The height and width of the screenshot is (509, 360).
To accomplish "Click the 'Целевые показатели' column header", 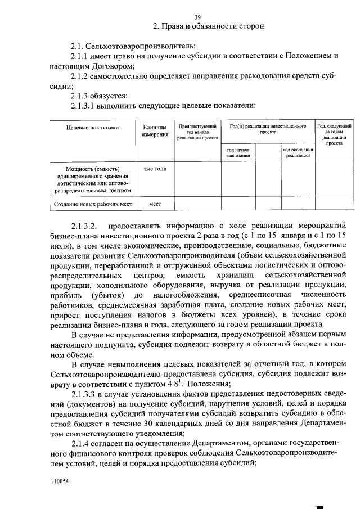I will pos(93,128).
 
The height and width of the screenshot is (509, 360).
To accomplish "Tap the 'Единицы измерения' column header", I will pos(154,131).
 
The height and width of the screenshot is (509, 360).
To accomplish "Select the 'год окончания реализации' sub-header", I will pos(298,152).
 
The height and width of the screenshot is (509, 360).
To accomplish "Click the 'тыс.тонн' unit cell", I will pos(154,168).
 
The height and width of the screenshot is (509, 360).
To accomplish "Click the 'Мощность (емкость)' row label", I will pos(93,168).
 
